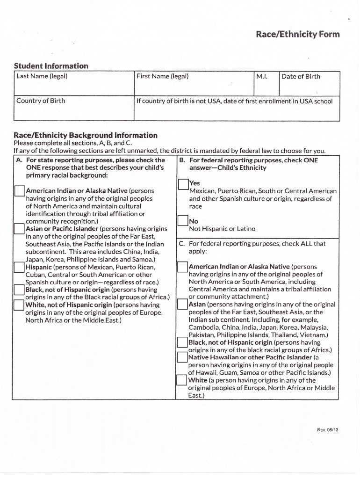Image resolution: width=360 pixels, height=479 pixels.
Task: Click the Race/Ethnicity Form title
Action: (x=297, y=35)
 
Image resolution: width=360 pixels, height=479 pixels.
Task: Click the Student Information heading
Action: (x=51, y=66)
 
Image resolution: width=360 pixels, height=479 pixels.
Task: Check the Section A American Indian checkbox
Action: (x=20, y=191)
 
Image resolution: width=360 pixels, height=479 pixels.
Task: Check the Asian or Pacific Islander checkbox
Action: (x=19, y=229)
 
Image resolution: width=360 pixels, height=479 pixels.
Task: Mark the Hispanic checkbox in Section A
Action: (x=19, y=267)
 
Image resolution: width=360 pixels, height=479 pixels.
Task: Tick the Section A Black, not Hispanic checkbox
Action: (x=19, y=290)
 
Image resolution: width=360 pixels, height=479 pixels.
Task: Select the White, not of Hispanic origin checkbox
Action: (x=19, y=305)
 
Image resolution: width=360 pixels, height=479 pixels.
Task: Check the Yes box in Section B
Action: (x=183, y=184)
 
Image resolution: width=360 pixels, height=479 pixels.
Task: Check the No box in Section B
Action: (x=183, y=221)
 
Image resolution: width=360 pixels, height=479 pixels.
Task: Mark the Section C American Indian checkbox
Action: (x=182, y=267)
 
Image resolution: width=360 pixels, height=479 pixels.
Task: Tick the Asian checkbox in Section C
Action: (x=182, y=305)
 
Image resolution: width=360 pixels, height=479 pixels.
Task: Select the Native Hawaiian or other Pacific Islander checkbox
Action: (x=182, y=358)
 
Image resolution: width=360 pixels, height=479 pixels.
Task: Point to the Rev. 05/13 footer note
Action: (x=327, y=430)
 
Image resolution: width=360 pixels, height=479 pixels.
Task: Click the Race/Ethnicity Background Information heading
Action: (x=86, y=135)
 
